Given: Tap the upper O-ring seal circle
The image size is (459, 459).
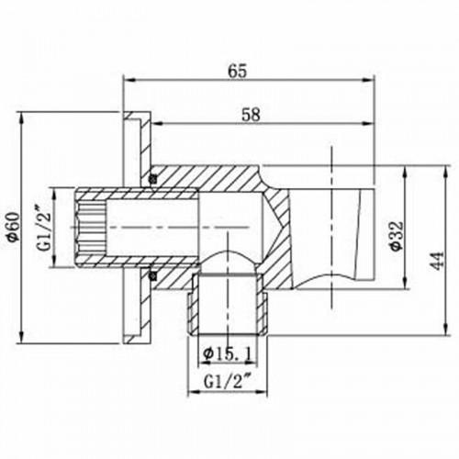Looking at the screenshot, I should click(153, 177).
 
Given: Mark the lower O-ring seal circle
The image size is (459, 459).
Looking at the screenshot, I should click(153, 274).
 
